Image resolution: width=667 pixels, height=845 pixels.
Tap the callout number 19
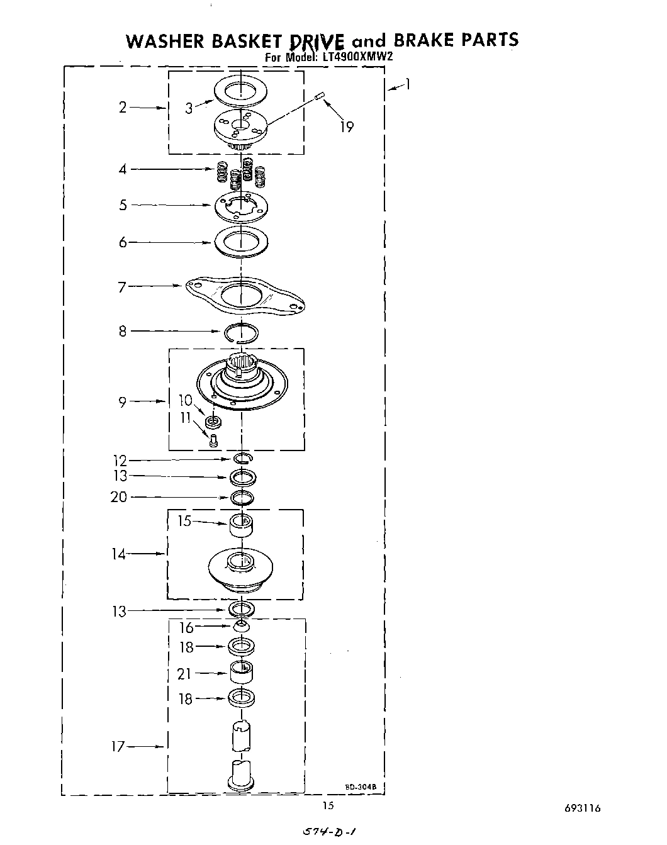347,126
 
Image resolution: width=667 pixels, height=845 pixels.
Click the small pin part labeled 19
318,96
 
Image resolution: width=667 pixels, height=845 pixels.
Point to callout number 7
123,287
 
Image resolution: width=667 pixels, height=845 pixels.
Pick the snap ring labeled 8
242,332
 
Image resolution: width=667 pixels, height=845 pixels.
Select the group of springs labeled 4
238,176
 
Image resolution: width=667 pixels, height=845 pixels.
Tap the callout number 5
123,205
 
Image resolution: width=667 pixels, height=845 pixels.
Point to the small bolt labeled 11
213,441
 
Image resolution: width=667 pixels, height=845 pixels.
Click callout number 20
118,497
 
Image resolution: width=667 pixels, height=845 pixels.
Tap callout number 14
118,554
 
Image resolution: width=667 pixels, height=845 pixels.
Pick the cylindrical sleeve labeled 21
240,672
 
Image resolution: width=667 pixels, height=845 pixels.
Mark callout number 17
118,747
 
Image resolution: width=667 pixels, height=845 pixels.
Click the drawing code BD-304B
356,786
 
